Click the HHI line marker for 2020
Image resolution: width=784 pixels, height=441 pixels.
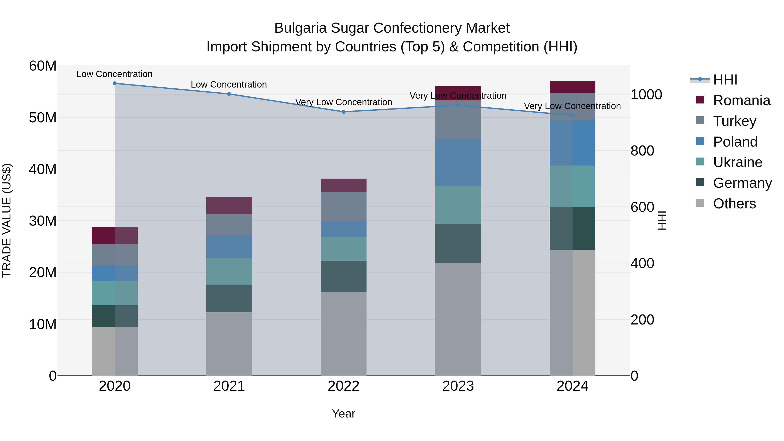click(115, 83)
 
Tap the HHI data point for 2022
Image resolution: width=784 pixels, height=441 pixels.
click(344, 112)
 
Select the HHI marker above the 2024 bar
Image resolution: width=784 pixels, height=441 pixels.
click(573, 115)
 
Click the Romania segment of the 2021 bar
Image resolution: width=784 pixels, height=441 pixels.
click(229, 205)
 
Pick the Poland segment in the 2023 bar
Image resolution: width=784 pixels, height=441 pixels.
click(458, 163)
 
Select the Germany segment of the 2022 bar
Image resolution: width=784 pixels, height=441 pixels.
click(344, 276)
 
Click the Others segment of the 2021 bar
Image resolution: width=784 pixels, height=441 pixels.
click(229, 344)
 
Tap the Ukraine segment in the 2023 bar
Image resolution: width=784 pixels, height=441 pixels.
click(458, 205)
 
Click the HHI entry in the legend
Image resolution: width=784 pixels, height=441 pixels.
click(725, 80)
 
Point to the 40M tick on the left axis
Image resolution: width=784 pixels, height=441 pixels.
click(43, 169)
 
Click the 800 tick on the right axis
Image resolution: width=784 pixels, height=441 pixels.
click(642, 151)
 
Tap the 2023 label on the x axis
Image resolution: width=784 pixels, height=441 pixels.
click(458, 386)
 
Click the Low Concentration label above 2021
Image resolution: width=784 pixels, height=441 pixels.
click(229, 85)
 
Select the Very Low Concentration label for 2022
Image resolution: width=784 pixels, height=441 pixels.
click(344, 102)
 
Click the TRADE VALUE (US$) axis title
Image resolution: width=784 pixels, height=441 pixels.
click(7, 220)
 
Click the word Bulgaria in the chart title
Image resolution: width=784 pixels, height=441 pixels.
click(300, 28)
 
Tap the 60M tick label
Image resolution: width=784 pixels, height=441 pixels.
click(43, 66)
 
